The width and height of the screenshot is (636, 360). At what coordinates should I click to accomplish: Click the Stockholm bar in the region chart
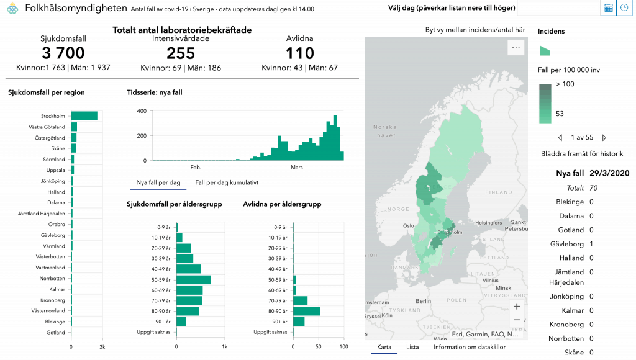[84, 116]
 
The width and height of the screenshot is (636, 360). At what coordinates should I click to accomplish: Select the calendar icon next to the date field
[608, 7]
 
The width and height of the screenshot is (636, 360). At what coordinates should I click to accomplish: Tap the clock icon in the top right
[624, 7]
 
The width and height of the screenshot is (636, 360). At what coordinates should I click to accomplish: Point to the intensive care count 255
[181, 53]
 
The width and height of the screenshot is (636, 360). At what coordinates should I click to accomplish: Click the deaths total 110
[299, 53]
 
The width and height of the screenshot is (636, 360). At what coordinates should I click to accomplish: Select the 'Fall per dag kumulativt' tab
[227, 183]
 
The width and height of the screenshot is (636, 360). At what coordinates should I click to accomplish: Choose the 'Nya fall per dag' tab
[158, 183]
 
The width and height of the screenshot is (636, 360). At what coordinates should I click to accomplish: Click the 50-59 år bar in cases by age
[194, 279]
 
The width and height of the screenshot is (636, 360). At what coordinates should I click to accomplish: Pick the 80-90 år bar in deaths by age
[307, 311]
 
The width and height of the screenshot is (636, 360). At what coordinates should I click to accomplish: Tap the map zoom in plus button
[517, 306]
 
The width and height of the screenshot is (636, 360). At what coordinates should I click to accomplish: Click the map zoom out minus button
[517, 320]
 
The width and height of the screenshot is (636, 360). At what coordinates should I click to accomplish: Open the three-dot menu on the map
[515, 47]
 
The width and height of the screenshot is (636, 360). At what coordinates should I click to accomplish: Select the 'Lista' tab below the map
[412, 347]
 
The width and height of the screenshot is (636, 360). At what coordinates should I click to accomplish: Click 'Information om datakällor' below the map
[469, 347]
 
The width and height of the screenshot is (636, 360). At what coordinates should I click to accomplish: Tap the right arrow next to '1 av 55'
[604, 137]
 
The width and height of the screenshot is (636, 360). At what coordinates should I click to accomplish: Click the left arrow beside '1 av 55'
[560, 137]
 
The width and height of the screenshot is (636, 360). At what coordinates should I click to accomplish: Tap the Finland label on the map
[497, 192]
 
